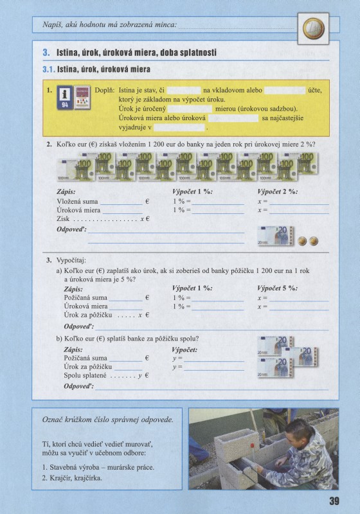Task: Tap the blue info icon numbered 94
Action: (x=64, y=96)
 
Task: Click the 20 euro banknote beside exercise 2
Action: (x=274, y=236)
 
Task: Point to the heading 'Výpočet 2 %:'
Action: (x=277, y=191)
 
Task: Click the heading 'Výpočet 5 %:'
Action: (x=277, y=288)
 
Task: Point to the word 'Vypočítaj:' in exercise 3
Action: (x=71, y=261)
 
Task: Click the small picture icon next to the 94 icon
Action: (x=81, y=96)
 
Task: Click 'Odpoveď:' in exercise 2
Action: (x=71, y=229)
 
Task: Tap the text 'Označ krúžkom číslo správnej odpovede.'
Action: (x=107, y=420)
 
